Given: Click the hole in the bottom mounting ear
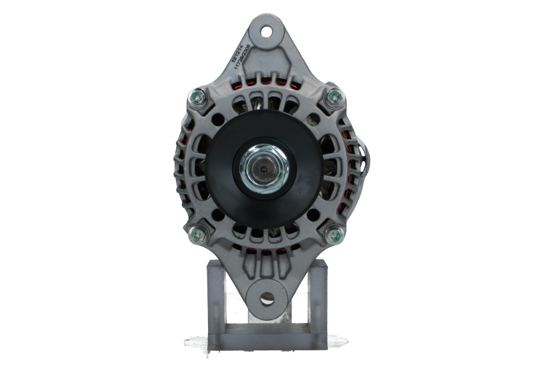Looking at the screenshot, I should point(267,299).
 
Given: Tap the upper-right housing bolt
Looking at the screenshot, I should point(334,98).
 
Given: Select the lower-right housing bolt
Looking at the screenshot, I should point(334,235).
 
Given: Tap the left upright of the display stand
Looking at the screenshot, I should point(215,297).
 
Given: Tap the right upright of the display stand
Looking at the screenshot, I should point(319,297).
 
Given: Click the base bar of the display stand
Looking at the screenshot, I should point(267,340).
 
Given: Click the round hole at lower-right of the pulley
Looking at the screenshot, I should point(313,215).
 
